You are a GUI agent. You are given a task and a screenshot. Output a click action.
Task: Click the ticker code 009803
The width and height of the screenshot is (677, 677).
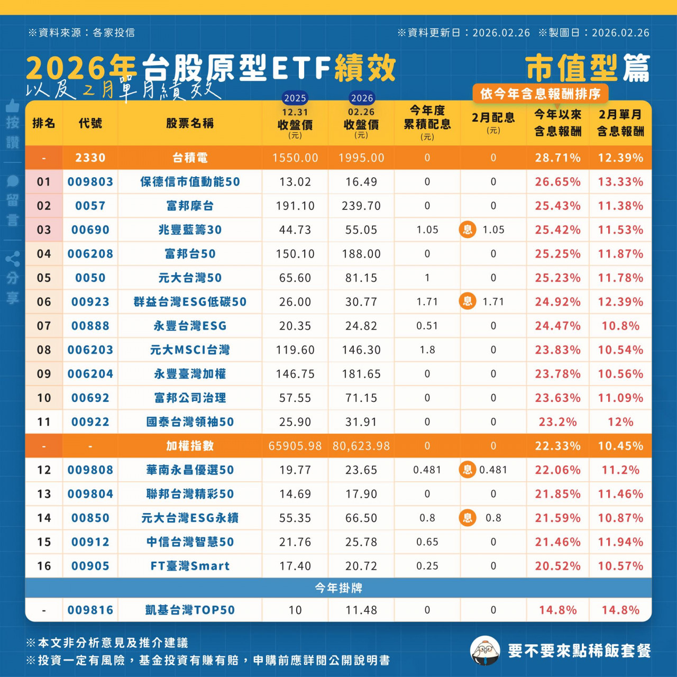[x=90, y=182]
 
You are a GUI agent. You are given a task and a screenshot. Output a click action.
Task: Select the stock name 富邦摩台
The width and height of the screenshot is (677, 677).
[x=190, y=206]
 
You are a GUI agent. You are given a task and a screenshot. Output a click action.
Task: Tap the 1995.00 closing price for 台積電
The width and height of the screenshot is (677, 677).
[x=361, y=158]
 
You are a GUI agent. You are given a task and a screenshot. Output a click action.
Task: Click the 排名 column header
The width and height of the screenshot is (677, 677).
[x=44, y=123]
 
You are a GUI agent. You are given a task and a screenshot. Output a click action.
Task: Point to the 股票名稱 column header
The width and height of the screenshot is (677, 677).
[x=190, y=123]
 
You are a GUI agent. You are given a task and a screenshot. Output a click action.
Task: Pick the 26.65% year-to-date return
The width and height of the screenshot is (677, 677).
[x=557, y=182]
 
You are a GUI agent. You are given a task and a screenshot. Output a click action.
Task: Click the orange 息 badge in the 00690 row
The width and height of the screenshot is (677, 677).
[x=468, y=230]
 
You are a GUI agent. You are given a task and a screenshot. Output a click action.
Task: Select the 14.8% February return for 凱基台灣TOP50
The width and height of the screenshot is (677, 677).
[x=620, y=610]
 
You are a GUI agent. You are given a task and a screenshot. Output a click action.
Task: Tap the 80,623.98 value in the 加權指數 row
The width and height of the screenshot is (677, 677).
[x=361, y=446]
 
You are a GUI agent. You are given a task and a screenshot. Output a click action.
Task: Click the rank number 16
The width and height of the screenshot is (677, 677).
[x=44, y=566]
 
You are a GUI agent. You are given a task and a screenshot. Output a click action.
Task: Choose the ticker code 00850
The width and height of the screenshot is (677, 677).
[x=90, y=518]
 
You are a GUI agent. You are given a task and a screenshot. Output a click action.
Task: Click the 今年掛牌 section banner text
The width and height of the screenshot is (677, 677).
[x=338, y=588]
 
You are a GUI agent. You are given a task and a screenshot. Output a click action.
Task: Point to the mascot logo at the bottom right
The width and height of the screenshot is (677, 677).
[x=484, y=651]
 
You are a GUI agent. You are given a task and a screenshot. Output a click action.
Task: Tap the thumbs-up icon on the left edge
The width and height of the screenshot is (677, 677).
[x=13, y=105]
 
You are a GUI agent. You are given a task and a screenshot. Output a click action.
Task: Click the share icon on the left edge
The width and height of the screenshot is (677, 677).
[x=13, y=259]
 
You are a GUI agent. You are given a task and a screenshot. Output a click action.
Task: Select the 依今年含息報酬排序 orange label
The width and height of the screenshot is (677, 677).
[x=540, y=94]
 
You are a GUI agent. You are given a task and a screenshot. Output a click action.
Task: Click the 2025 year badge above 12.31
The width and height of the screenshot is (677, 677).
[x=295, y=98]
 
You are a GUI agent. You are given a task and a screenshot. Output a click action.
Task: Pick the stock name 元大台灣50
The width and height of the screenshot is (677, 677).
[x=190, y=278]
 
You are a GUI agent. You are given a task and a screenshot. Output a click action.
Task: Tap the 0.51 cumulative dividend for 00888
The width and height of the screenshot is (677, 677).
[x=427, y=326]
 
